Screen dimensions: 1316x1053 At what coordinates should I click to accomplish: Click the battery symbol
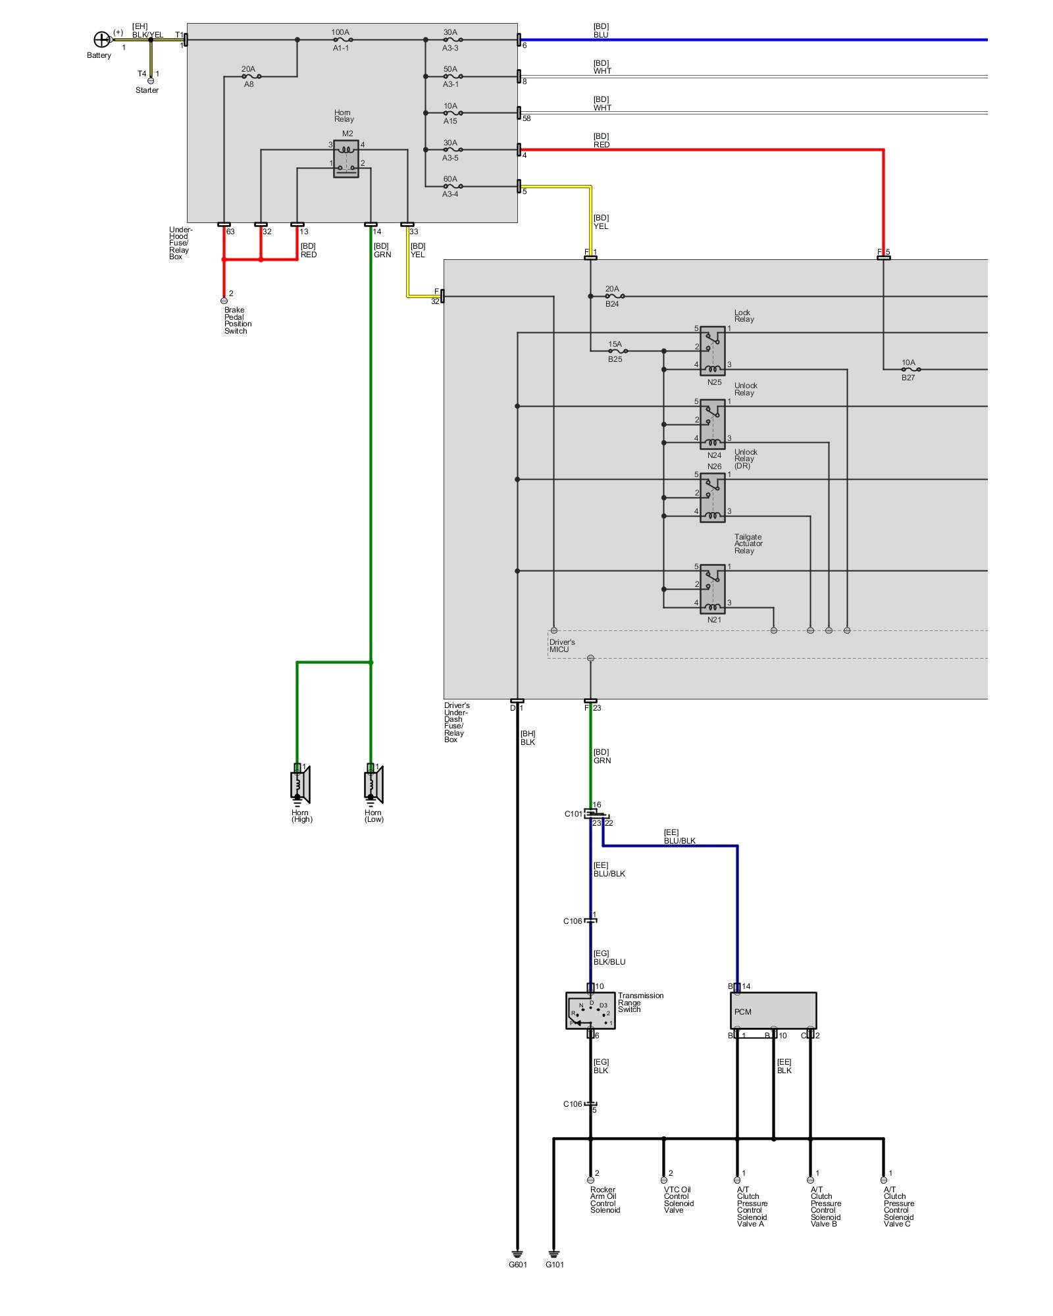tap(101, 39)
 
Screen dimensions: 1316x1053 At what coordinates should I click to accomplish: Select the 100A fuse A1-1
tap(340, 39)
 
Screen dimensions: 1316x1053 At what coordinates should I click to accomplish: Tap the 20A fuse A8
tap(248, 76)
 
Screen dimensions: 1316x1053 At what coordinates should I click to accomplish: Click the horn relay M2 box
tap(346, 159)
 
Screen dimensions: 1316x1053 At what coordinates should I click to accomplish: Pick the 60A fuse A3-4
tap(450, 186)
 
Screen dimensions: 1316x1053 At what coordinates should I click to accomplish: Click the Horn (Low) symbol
tap(373, 784)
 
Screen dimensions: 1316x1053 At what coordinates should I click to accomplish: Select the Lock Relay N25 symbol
tap(713, 351)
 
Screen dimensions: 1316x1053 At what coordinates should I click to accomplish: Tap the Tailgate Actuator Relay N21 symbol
tap(713, 589)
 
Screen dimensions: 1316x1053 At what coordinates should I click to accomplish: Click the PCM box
tap(773, 1011)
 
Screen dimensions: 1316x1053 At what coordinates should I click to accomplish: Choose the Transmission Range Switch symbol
tap(590, 1011)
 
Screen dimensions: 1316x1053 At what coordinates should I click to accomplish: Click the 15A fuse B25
tap(615, 351)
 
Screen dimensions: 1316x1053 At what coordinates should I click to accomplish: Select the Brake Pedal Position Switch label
tap(237, 320)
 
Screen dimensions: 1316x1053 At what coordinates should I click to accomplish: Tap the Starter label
tap(147, 90)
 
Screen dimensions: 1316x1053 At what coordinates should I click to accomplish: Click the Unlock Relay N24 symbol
tap(713, 424)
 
